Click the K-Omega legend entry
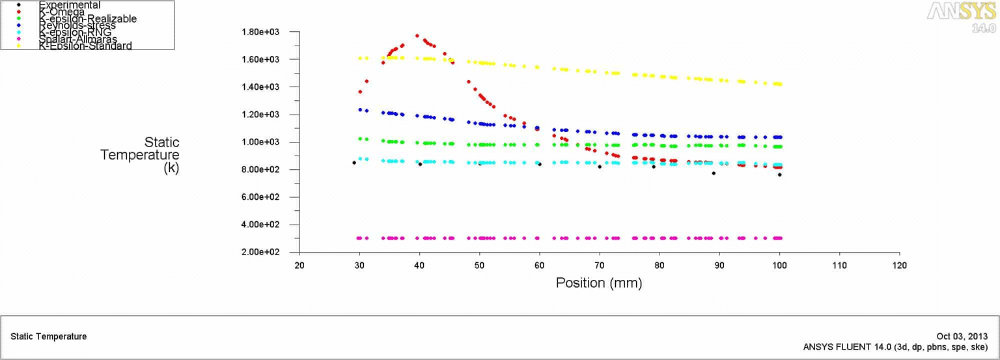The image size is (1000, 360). [x=61, y=12]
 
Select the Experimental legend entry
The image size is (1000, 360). [x=70, y=5]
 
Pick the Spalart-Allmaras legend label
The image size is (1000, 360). [x=78, y=39]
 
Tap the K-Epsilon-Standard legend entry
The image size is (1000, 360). [x=85, y=46]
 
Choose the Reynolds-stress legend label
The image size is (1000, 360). [x=77, y=25]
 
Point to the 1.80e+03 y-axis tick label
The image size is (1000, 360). [x=260, y=32]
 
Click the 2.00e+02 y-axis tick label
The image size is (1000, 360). [x=260, y=252]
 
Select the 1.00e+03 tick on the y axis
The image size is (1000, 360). [x=260, y=142]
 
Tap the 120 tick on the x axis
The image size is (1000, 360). [x=899, y=266]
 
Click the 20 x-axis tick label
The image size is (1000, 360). [x=299, y=266]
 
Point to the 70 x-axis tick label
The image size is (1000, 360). [x=600, y=266]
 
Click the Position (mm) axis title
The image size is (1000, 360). [x=598, y=283]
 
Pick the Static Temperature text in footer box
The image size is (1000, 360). [x=49, y=337]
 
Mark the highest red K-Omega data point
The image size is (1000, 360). [x=417, y=36]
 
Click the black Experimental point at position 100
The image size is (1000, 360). [x=779, y=174]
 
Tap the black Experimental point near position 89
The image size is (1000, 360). [x=714, y=173]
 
